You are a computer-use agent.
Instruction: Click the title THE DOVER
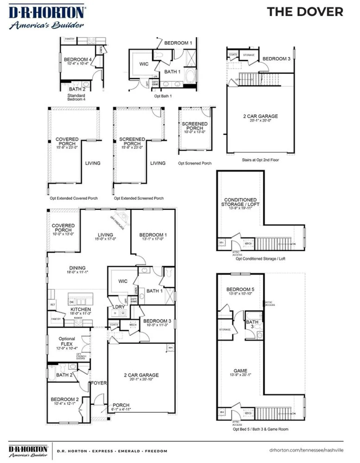pyautogui.click(x=305, y=12)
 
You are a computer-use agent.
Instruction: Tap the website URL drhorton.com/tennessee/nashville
pyautogui.click(x=306, y=450)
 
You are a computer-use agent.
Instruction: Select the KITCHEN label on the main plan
pyautogui.click(x=81, y=309)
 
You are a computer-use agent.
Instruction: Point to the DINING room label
pyautogui.click(x=77, y=268)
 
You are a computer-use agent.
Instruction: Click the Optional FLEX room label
pyautogui.click(x=67, y=341)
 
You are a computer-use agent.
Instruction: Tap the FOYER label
pyautogui.click(x=99, y=383)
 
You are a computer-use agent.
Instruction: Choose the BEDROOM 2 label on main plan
pyautogui.click(x=65, y=399)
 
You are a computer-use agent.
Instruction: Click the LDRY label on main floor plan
pyautogui.click(x=119, y=307)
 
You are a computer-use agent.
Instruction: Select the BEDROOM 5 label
pyautogui.click(x=240, y=289)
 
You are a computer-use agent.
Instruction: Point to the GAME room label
pyautogui.click(x=240, y=371)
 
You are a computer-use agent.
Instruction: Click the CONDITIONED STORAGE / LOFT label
pyautogui.click(x=240, y=202)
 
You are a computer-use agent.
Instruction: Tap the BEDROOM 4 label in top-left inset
pyautogui.click(x=77, y=59)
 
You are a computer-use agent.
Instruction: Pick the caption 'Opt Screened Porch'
pyautogui.click(x=195, y=163)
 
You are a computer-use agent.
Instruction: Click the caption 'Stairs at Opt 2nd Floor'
pyautogui.click(x=260, y=160)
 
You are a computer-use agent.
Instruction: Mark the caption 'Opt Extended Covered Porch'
pyautogui.click(x=73, y=198)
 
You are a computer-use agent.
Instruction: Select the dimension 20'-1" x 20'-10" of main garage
pyautogui.click(x=141, y=379)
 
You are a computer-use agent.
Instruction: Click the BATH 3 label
pyautogui.click(x=252, y=324)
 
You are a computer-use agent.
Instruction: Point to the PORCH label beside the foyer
pyautogui.click(x=121, y=405)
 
